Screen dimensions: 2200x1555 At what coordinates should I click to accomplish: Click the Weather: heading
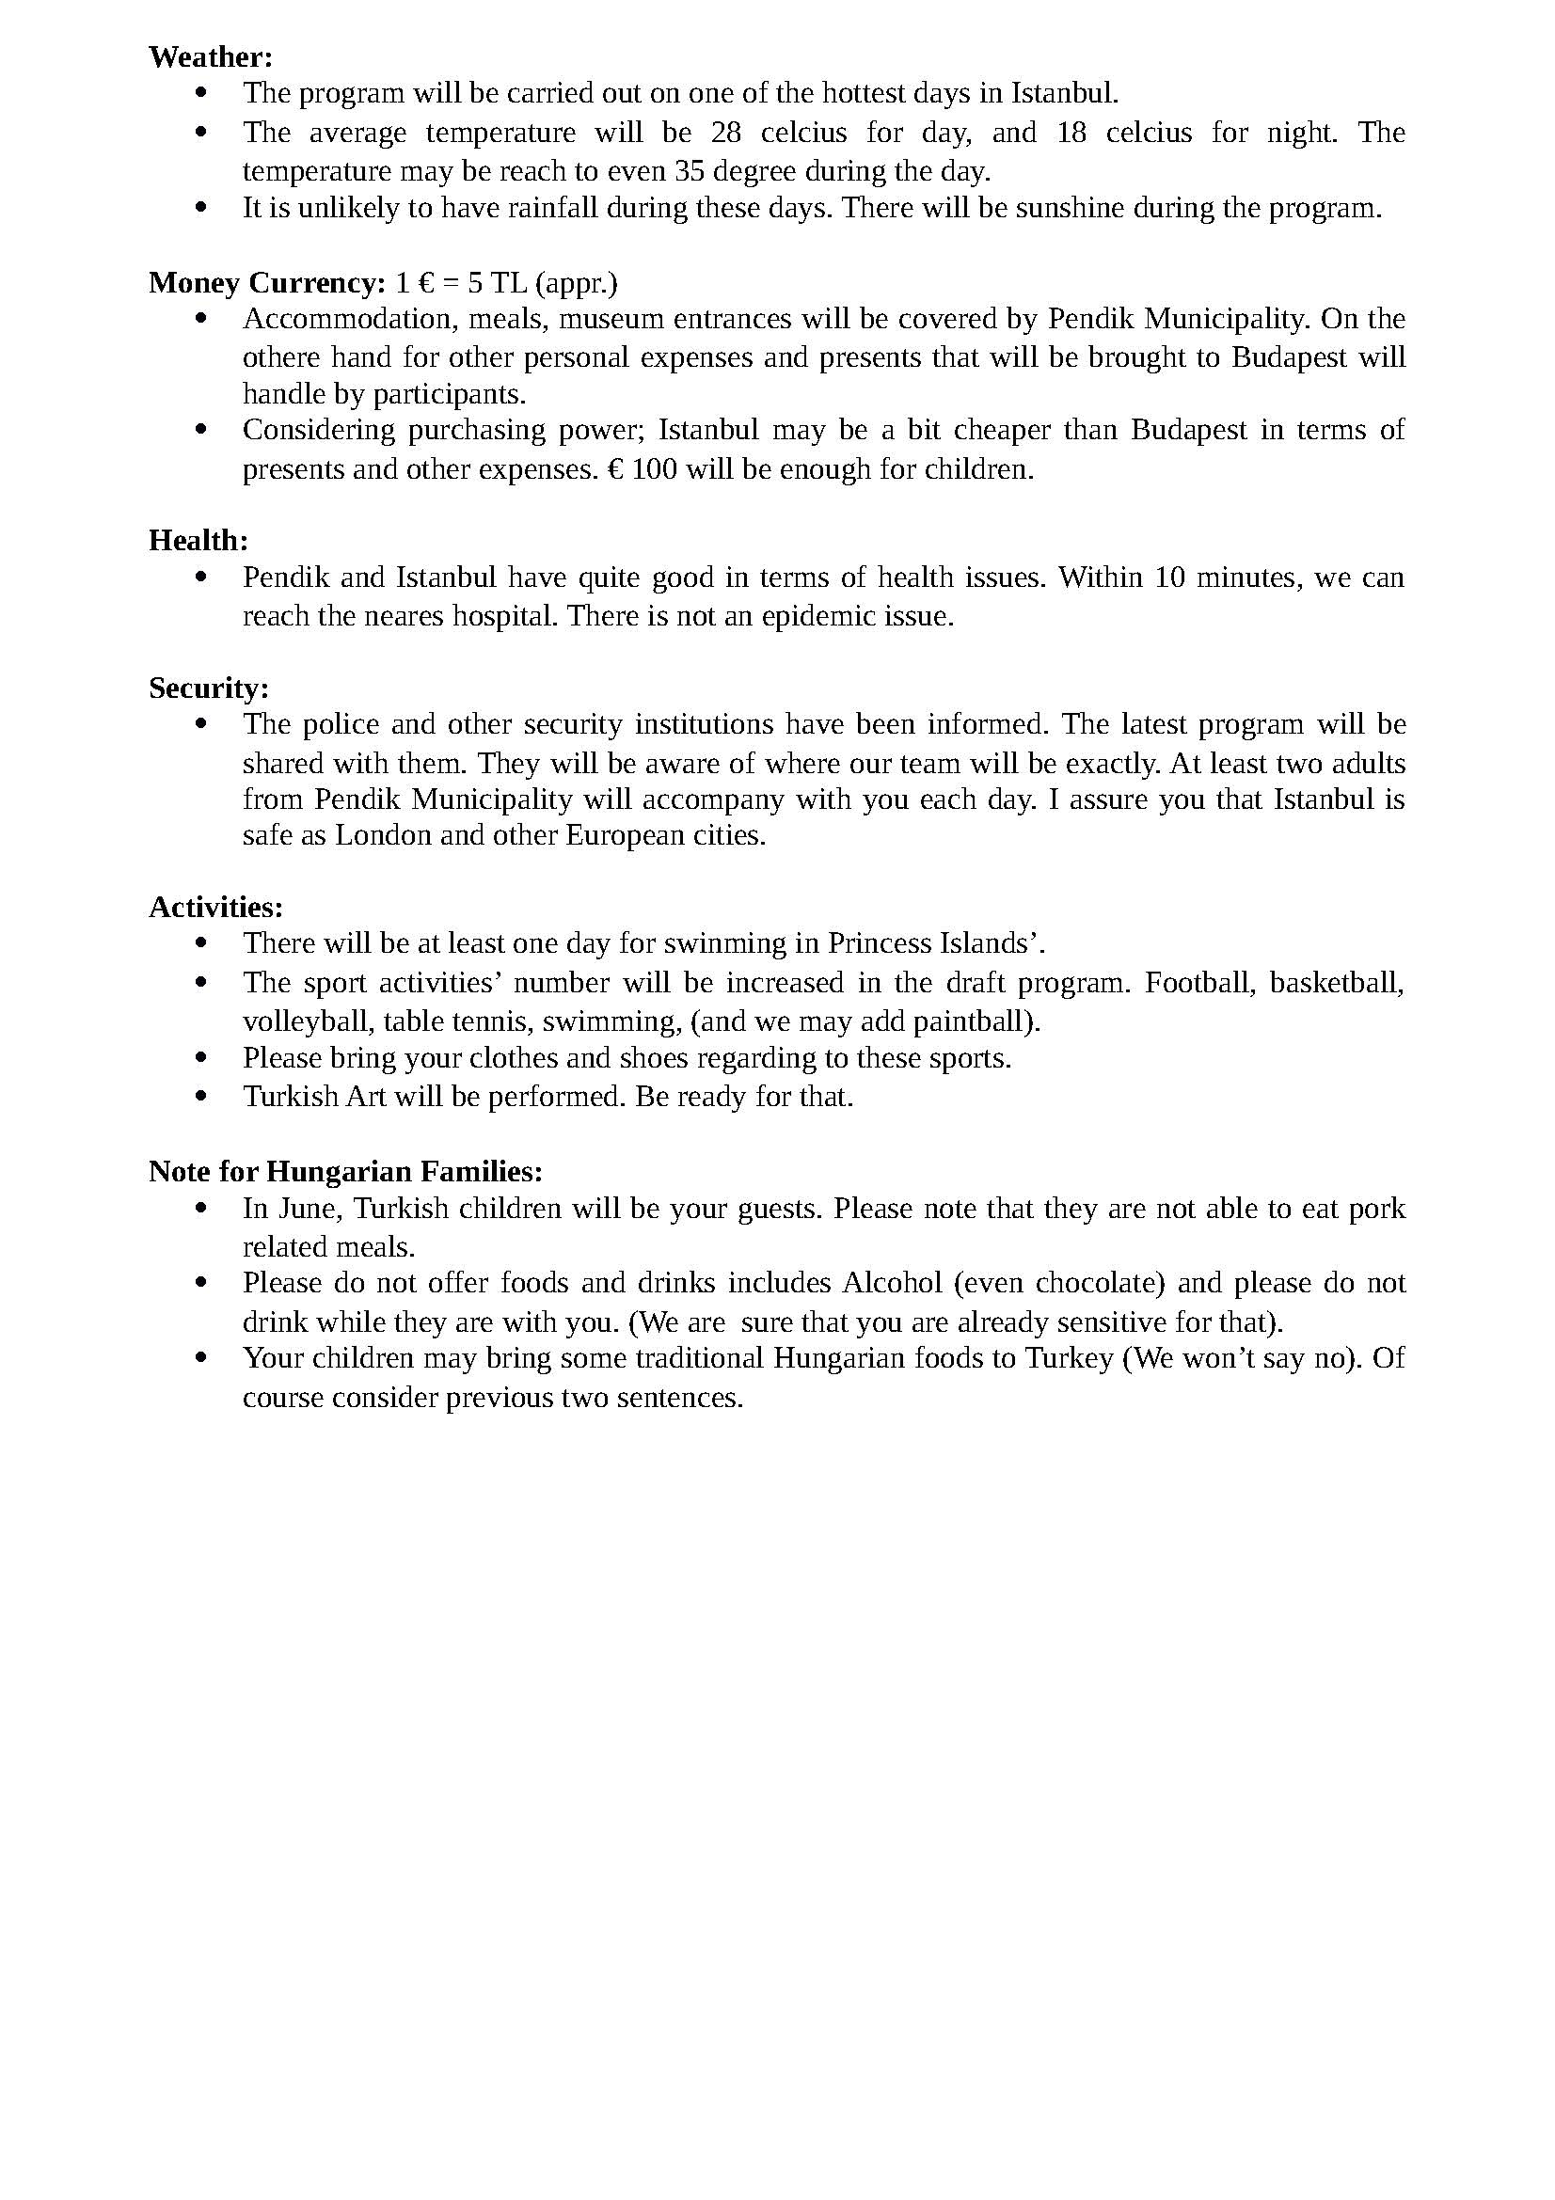211,57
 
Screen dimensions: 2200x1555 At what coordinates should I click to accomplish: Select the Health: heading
198,541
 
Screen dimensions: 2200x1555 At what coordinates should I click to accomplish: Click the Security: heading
209,688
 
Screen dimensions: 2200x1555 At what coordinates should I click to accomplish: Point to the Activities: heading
215,907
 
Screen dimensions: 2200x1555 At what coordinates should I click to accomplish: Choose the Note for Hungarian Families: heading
346,1171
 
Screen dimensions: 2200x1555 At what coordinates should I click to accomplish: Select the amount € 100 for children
641,469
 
